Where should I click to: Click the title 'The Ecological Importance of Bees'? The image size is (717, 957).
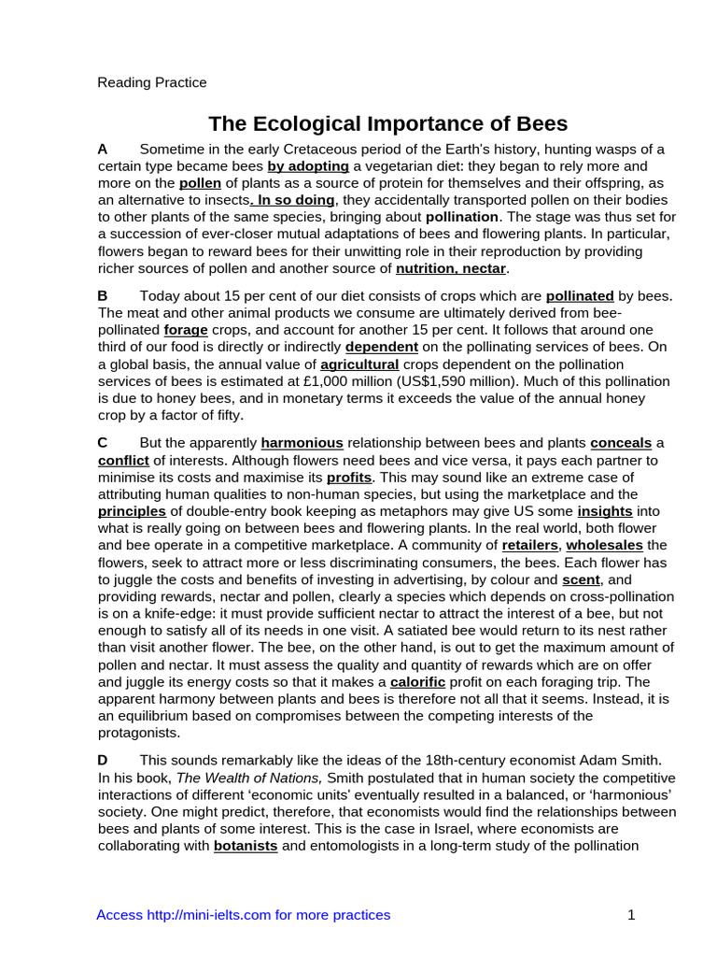[387, 124]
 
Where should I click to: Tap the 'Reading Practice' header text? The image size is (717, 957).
[152, 82]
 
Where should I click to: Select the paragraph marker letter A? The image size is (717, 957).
[103, 150]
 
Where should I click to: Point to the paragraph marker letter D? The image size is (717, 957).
[103, 761]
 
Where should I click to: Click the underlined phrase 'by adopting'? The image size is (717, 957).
[308, 166]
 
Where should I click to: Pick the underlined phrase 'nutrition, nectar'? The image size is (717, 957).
[451, 268]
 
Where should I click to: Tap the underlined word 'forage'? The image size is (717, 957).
[187, 330]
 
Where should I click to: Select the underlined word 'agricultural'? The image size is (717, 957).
[359, 364]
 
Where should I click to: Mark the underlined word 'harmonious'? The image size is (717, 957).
[302, 442]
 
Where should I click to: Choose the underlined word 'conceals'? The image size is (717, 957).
[621, 442]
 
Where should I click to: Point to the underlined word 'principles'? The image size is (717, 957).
[132, 511]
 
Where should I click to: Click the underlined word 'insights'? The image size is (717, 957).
[605, 511]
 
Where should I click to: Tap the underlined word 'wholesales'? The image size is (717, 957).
[604, 545]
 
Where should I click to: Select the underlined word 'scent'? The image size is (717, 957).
[581, 579]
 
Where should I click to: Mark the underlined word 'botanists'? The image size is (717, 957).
[246, 847]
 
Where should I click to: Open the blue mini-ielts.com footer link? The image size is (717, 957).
[243, 915]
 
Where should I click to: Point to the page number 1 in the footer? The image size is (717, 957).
[631, 915]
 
